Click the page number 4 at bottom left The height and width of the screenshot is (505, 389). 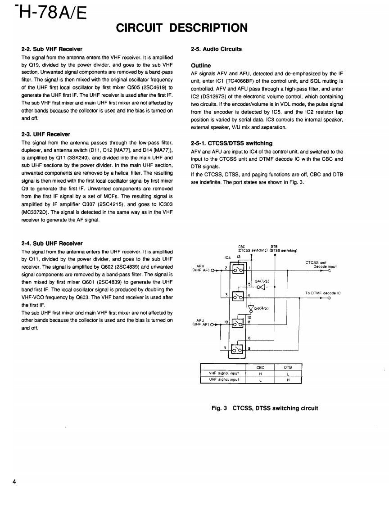pyautogui.click(x=15, y=482)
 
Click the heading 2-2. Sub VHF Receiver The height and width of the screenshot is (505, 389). pyautogui.click(x=52, y=49)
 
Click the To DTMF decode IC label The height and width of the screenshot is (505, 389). pyautogui.click(x=323, y=293)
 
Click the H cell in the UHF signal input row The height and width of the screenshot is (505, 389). pyautogui.click(x=288, y=379)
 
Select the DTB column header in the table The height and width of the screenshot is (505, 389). pyautogui.click(x=288, y=367)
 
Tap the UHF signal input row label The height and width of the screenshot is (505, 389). pyautogui.click(x=224, y=379)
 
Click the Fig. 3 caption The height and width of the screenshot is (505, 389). pyautogui.click(x=265, y=408)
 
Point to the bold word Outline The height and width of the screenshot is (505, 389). pyautogui.click(x=201, y=65)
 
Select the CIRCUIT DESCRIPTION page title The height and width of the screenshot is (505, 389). pyautogui.click(x=182, y=28)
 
